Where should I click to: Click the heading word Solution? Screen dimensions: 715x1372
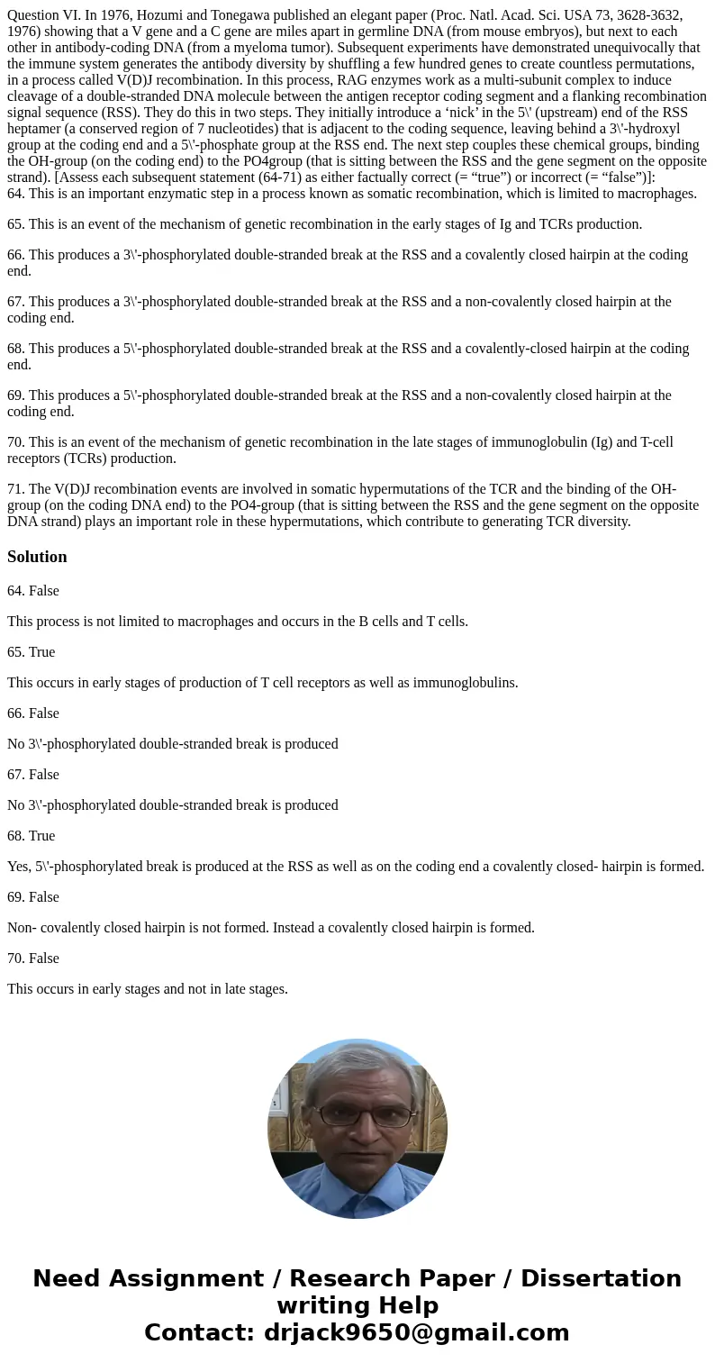(x=37, y=557)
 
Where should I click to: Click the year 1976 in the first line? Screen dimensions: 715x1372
(x=126, y=15)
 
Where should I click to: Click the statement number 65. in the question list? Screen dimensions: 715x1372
(x=17, y=224)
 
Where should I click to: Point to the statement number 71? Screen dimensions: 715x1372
(x=17, y=489)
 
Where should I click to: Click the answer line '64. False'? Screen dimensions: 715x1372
(x=33, y=591)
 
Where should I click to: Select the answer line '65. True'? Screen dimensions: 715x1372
(x=32, y=652)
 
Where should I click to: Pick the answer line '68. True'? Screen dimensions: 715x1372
(x=32, y=836)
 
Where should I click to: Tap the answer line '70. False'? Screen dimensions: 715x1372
(x=33, y=959)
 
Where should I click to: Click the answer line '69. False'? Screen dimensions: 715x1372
(x=33, y=897)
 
